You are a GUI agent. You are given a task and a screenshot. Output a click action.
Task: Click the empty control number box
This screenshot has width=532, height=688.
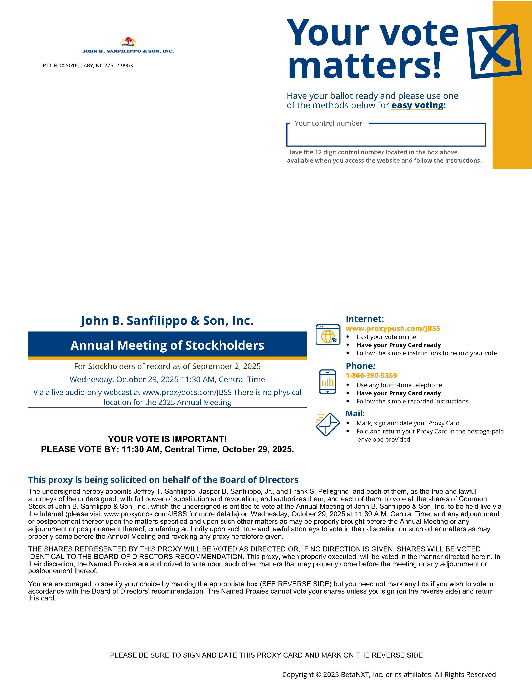click(386, 136)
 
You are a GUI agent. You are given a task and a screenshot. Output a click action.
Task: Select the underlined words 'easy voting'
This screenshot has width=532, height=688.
click(417, 105)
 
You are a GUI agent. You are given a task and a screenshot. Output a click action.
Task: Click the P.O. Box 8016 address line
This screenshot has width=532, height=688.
click(88, 65)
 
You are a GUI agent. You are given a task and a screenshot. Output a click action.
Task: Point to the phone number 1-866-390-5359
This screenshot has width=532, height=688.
click(371, 375)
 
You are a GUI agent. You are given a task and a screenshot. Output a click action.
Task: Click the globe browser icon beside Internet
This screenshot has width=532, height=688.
click(328, 335)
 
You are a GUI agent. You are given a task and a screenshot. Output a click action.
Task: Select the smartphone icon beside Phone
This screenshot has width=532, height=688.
click(328, 382)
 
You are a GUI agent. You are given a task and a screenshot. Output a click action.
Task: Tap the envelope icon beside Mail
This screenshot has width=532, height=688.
click(328, 424)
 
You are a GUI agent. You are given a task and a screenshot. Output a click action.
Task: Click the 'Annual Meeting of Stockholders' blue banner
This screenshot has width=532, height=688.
click(167, 345)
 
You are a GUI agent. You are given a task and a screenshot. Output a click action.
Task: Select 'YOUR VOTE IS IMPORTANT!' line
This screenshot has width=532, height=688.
click(167, 439)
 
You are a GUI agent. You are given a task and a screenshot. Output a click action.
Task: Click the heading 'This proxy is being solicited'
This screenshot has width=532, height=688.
click(163, 480)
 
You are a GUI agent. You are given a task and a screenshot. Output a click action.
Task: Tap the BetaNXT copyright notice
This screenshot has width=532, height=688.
click(389, 674)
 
